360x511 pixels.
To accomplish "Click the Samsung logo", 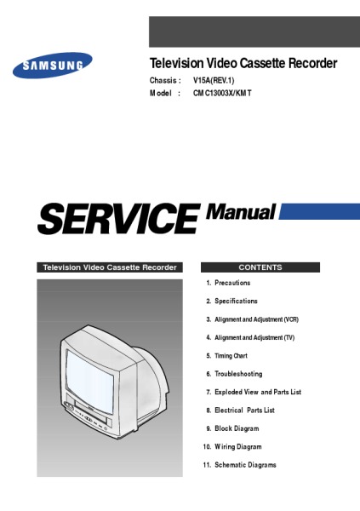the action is [53, 66].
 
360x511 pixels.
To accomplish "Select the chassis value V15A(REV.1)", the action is [214, 80].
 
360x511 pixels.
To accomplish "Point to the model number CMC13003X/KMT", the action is [222, 93].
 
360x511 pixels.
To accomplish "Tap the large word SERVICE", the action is [118, 218].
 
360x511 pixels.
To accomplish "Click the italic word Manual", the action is [241, 212].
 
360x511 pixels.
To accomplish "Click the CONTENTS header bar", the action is [260, 267].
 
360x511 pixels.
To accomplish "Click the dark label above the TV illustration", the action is [110, 267].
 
